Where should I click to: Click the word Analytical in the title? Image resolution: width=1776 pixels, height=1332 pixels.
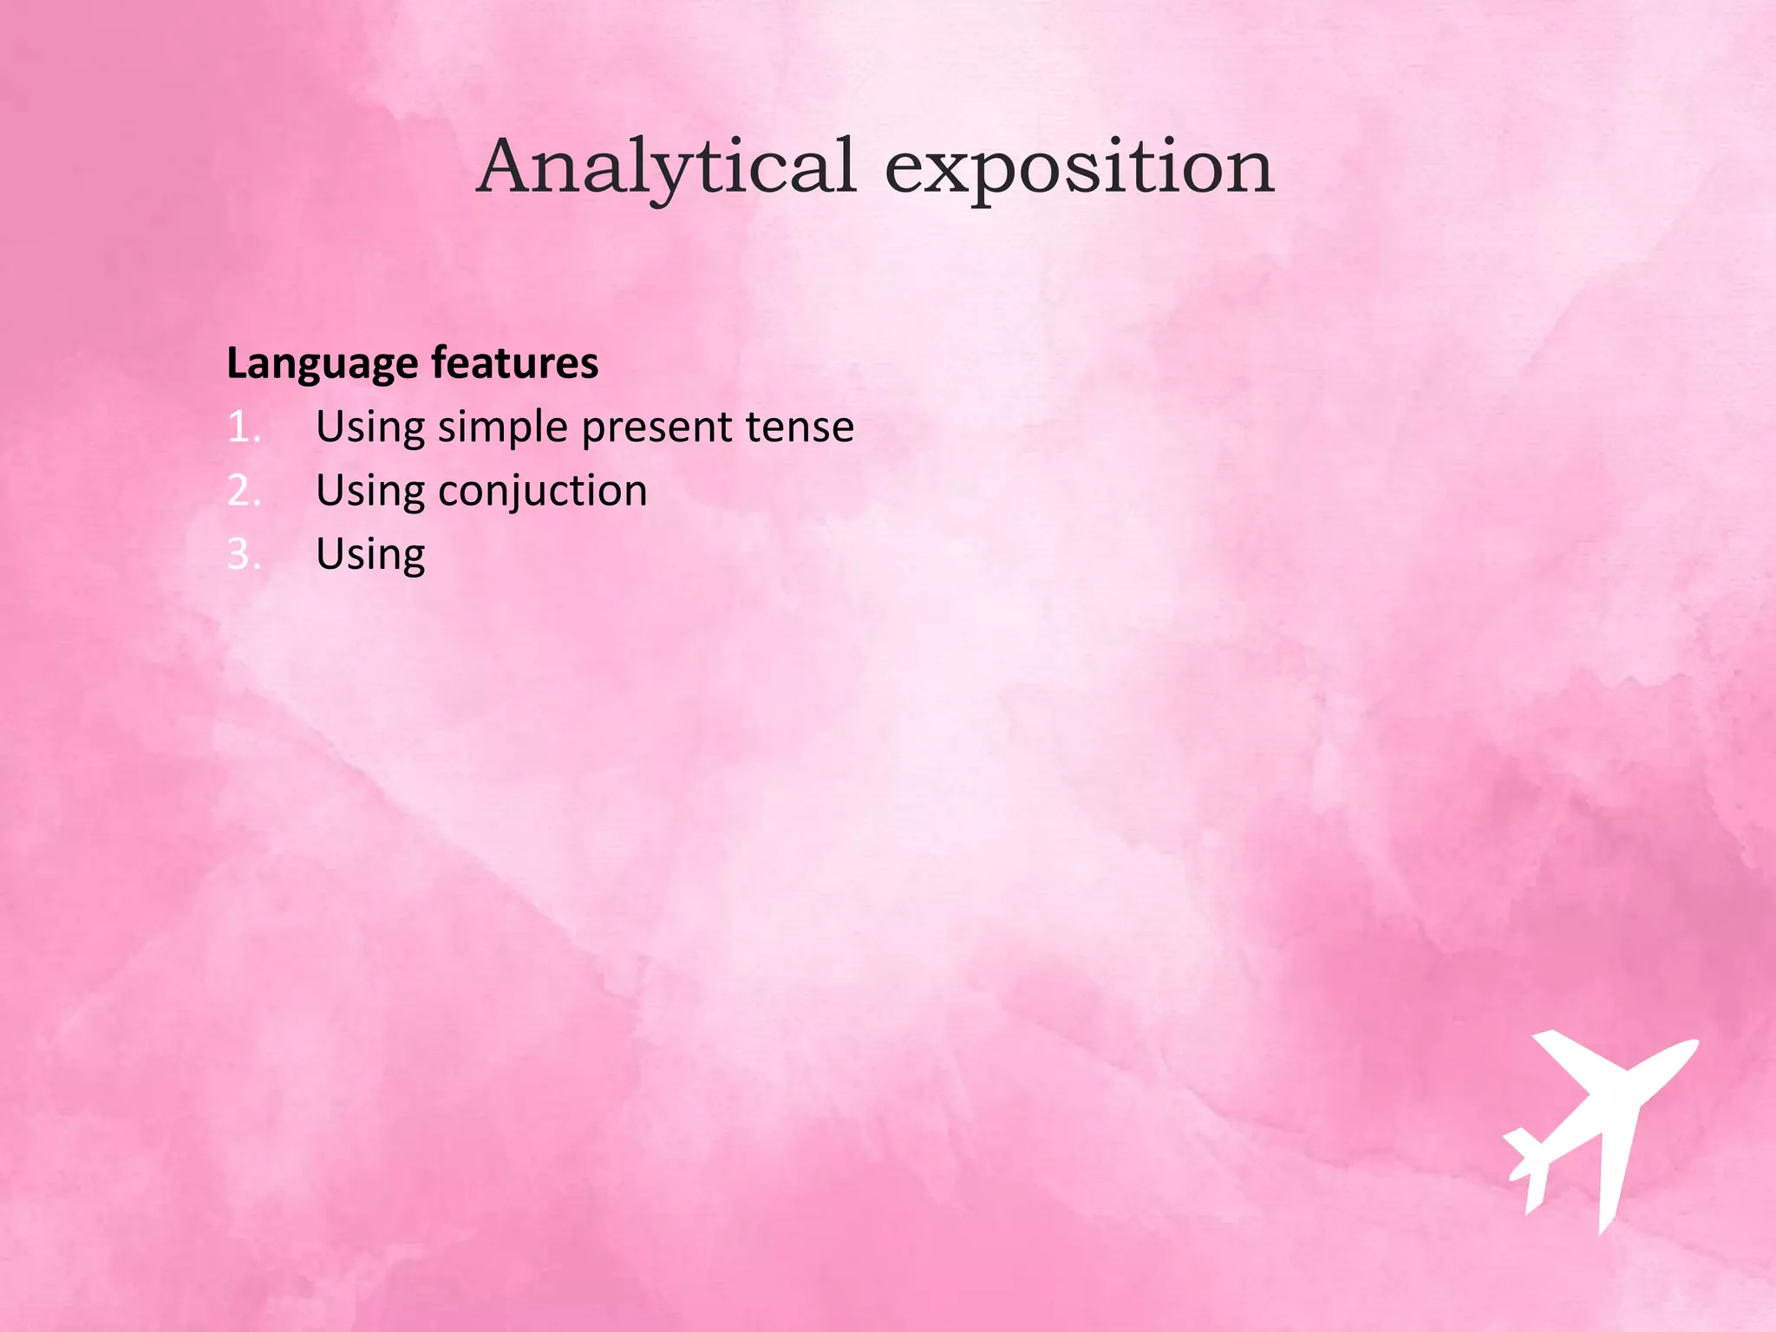pyautogui.click(x=667, y=166)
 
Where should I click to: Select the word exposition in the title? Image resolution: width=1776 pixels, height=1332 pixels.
pyautogui.click(x=1079, y=166)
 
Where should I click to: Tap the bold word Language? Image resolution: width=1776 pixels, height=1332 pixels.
pyautogui.click(x=322, y=364)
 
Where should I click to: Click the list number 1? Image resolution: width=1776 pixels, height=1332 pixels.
pyautogui.click(x=243, y=428)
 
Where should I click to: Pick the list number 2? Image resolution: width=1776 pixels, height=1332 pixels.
pyautogui.click(x=243, y=491)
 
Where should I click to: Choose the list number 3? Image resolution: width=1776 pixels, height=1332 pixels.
pyautogui.click(x=243, y=555)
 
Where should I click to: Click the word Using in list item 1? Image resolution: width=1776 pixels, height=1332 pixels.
pyautogui.click(x=370, y=428)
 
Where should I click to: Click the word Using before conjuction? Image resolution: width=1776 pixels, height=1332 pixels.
pyautogui.click(x=370, y=492)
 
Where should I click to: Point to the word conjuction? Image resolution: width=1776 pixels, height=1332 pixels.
pyautogui.click(x=543, y=492)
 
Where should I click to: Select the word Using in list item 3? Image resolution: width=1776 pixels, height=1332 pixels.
pyautogui.click(x=370, y=555)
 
